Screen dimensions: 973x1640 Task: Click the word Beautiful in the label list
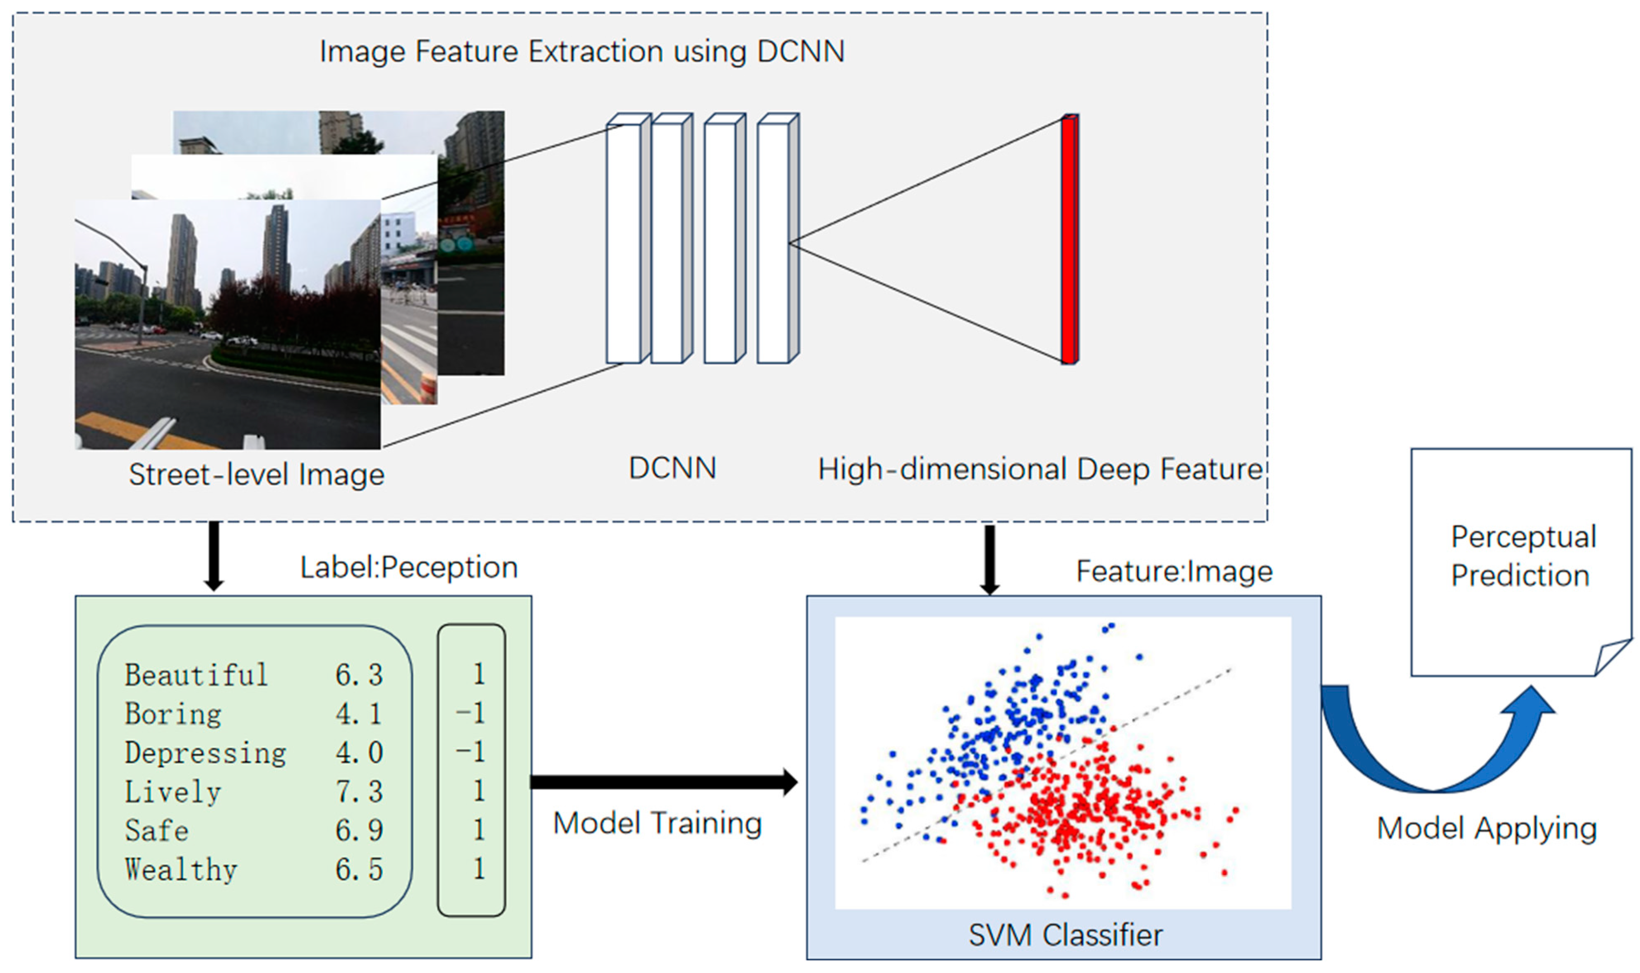pos(196,675)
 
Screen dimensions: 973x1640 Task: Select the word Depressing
pos(205,753)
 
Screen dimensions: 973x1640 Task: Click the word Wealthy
pos(181,870)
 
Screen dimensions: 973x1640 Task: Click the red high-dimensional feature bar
pos(1069,239)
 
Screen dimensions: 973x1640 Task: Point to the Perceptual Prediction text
pos(1522,556)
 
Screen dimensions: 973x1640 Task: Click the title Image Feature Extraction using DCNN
pos(582,51)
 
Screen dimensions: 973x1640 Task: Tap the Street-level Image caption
pos(257,474)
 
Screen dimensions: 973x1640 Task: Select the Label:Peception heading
pos(408,567)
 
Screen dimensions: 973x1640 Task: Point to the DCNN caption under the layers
pos(672,468)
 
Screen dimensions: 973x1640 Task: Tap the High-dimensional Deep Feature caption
pos(1040,470)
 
